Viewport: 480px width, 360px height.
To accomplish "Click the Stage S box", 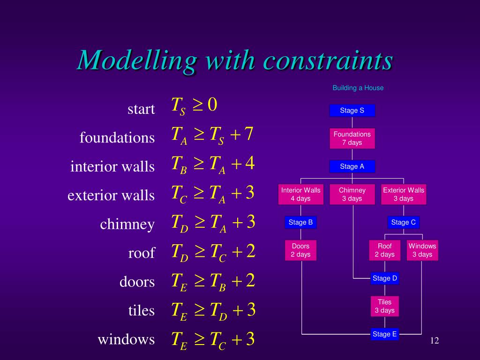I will pyautogui.click(x=352, y=111).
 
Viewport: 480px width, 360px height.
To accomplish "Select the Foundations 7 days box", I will pyautogui.click(x=352, y=138).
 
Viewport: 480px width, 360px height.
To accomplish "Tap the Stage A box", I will pyautogui.click(x=352, y=166).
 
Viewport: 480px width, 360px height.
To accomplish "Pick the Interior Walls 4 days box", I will pyautogui.click(x=300, y=194).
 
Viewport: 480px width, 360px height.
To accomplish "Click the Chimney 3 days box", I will pyautogui.click(x=352, y=194).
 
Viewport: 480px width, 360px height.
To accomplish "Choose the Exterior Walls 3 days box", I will pyautogui.click(x=404, y=194).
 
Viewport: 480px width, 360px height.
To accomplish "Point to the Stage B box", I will pyautogui.click(x=300, y=222).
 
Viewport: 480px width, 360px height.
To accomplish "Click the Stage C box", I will pyautogui.click(x=404, y=222).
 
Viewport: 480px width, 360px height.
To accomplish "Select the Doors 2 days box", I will pyautogui.click(x=300, y=250).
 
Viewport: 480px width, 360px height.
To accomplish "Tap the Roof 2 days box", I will pyautogui.click(x=385, y=250).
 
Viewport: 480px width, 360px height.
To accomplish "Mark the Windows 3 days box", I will pyautogui.click(x=422, y=250).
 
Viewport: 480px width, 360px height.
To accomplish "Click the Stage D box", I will pyautogui.click(x=385, y=278).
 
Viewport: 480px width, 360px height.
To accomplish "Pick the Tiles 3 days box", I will pyautogui.click(x=385, y=306).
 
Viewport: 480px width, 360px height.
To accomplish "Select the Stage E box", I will pyautogui.click(x=385, y=334).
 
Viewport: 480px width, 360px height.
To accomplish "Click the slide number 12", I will pyautogui.click(x=435, y=340).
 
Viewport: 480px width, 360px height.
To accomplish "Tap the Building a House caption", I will pyautogui.click(x=358, y=88).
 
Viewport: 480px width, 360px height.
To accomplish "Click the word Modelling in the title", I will pyautogui.click(x=137, y=60).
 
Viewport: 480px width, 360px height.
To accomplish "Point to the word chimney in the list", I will pyautogui.click(x=127, y=225).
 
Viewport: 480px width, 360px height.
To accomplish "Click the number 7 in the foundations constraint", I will pyautogui.click(x=249, y=135).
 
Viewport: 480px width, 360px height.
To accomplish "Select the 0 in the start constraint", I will pyautogui.click(x=212, y=105).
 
